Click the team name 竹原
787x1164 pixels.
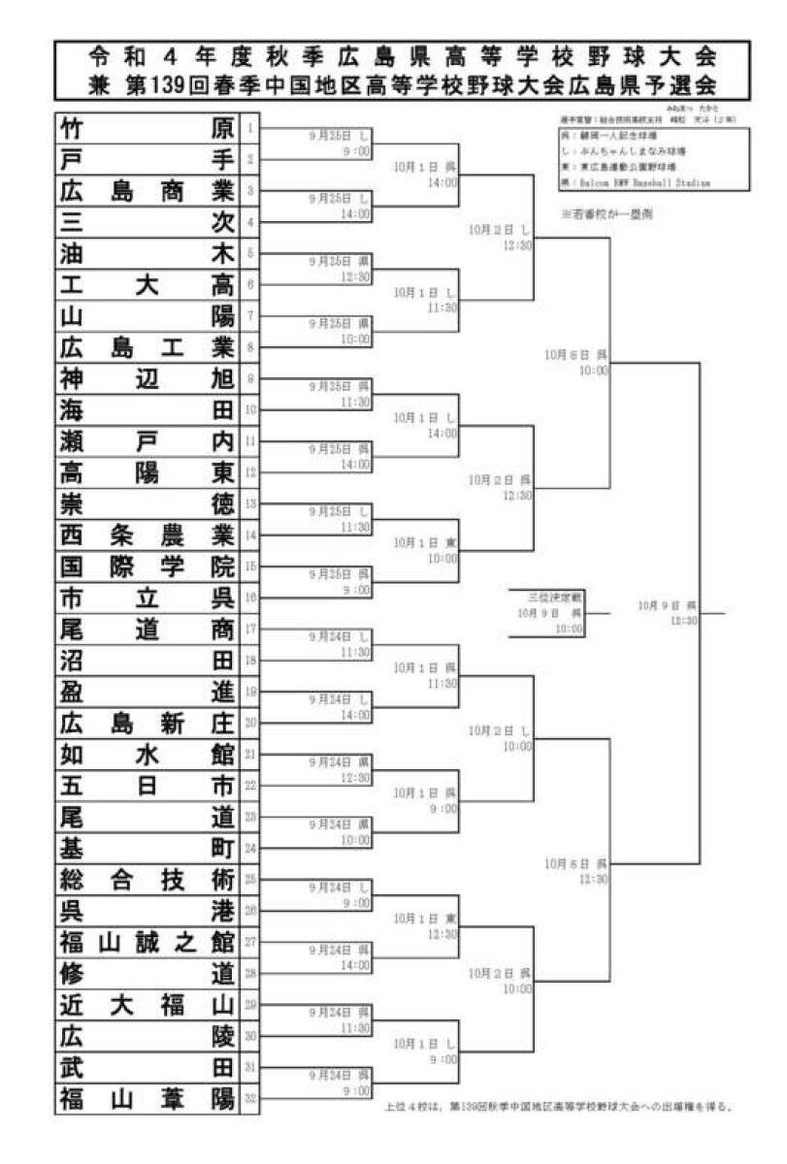pyautogui.click(x=146, y=128)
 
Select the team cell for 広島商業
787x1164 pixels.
pyautogui.click(x=146, y=191)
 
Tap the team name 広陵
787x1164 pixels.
pyautogui.click(x=146, y=1036)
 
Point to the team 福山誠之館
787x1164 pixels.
pyautogui.click(x=146, y=942)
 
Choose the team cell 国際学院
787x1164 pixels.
pyautogui.click(x=146, y=566)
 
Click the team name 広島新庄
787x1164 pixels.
pyautogui.click(x=146, y=723)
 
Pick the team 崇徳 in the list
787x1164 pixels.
pyautogui.click(x=146, y=504)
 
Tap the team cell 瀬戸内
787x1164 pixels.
pyautogui.click(x=146, y=441)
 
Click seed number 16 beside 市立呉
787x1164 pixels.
pyautogui.click(x=249, y=598)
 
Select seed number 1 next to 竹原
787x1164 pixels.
pyautogui.click(x=249, y=128)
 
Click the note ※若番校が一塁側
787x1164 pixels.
pyautogui.click(x=607, y=214)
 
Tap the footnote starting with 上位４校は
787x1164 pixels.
pyautogui.click(x=553, y=1106)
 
